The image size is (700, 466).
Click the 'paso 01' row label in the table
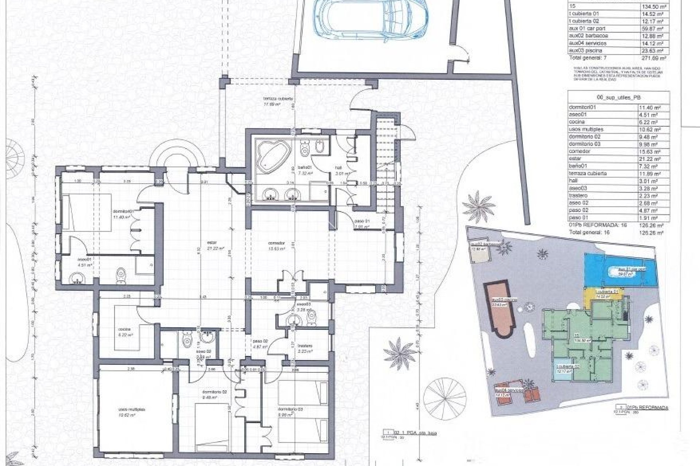(x=576, y=217)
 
